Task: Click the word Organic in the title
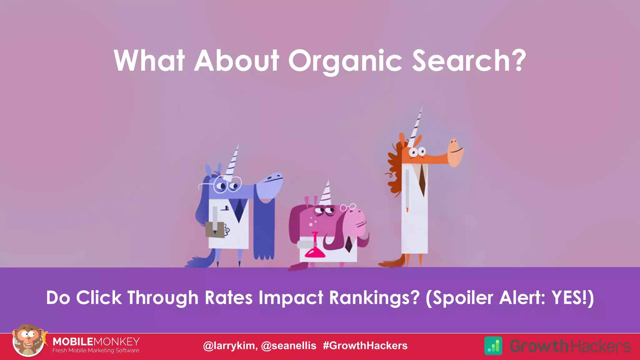[x=345, y=61]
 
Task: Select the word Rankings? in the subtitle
[x=374, y=297]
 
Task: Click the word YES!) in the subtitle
[x=572, y=297]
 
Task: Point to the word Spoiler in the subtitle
[x=460, y=297]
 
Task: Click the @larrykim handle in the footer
[x=230, y=346]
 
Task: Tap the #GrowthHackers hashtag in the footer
[x=365, y=346]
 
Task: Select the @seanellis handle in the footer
[x=288, y=346]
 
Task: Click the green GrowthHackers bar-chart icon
[x=493, y=346]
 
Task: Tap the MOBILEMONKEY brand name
[x=96, y=341]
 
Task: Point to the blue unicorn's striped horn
[x=232, y=162]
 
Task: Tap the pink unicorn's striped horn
[x=326, y=193]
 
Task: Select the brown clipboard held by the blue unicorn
[x=215, y=230]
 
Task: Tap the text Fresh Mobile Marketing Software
[x=96, y=351]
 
